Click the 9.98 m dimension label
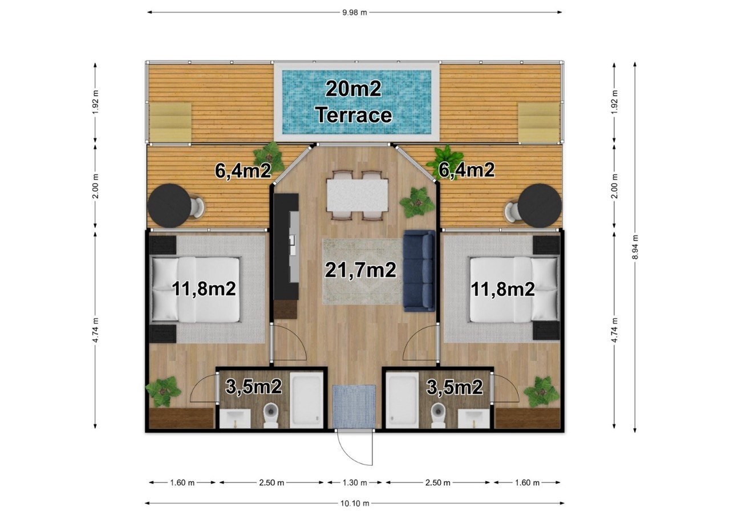tap(355, 13)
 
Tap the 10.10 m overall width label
tap(355, 503)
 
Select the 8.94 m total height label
tap(635, 247)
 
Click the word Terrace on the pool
tap(355, 115)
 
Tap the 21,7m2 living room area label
tap(360, 270)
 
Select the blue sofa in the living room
tap(419, 271)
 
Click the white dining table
tap(357, 195)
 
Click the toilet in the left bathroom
tap(270, 415)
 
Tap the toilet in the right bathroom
tap(438, 415)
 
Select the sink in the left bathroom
tap(235, 419)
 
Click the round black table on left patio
tap(169, 206)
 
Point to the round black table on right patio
tap(540, 206)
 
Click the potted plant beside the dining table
tap(417, 202)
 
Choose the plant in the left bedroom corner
tap(163, 391)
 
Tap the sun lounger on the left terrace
tap(170, 123)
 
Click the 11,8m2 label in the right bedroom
tap(503, 289)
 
